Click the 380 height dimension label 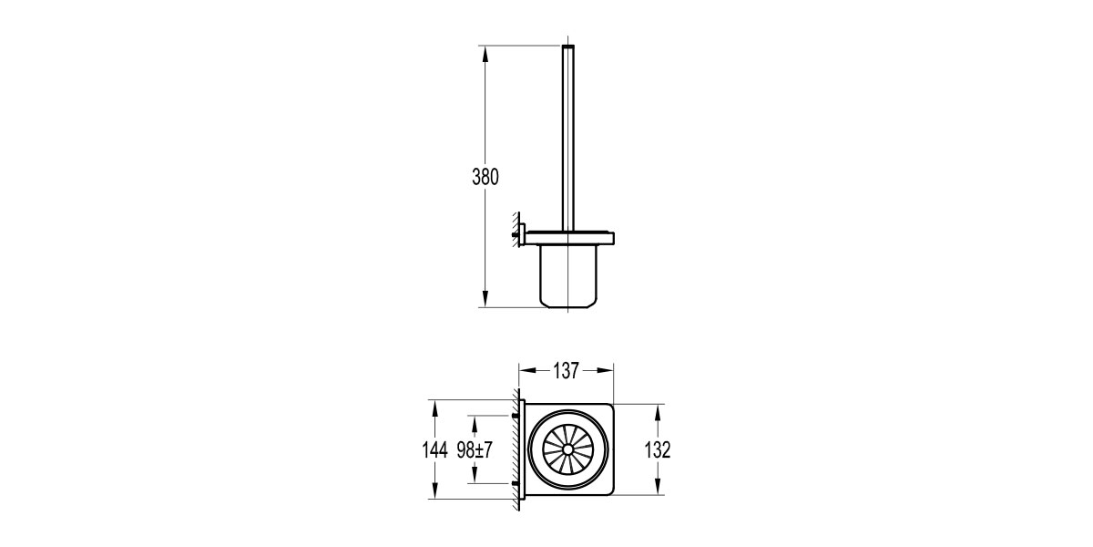pyautogui.click(x=485, y=177)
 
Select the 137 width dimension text pyautogui.click(x=566, y=371)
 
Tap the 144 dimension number pyautogui.click(x=434, y=449)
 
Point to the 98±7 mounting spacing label pyautogui.click(x=475, y=449)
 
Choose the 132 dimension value pyautogui.click(x=658, y=449)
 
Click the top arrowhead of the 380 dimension pyautogui.click(x=485, y=54)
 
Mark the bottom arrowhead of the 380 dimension pyautogui.click(x=485, y=299)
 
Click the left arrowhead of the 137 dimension pyautogui.click(x=527, y=371)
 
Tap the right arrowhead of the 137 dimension pyautogui.click(x=605, y=371)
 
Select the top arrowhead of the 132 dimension pyautogui.click(x=658, y=413)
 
